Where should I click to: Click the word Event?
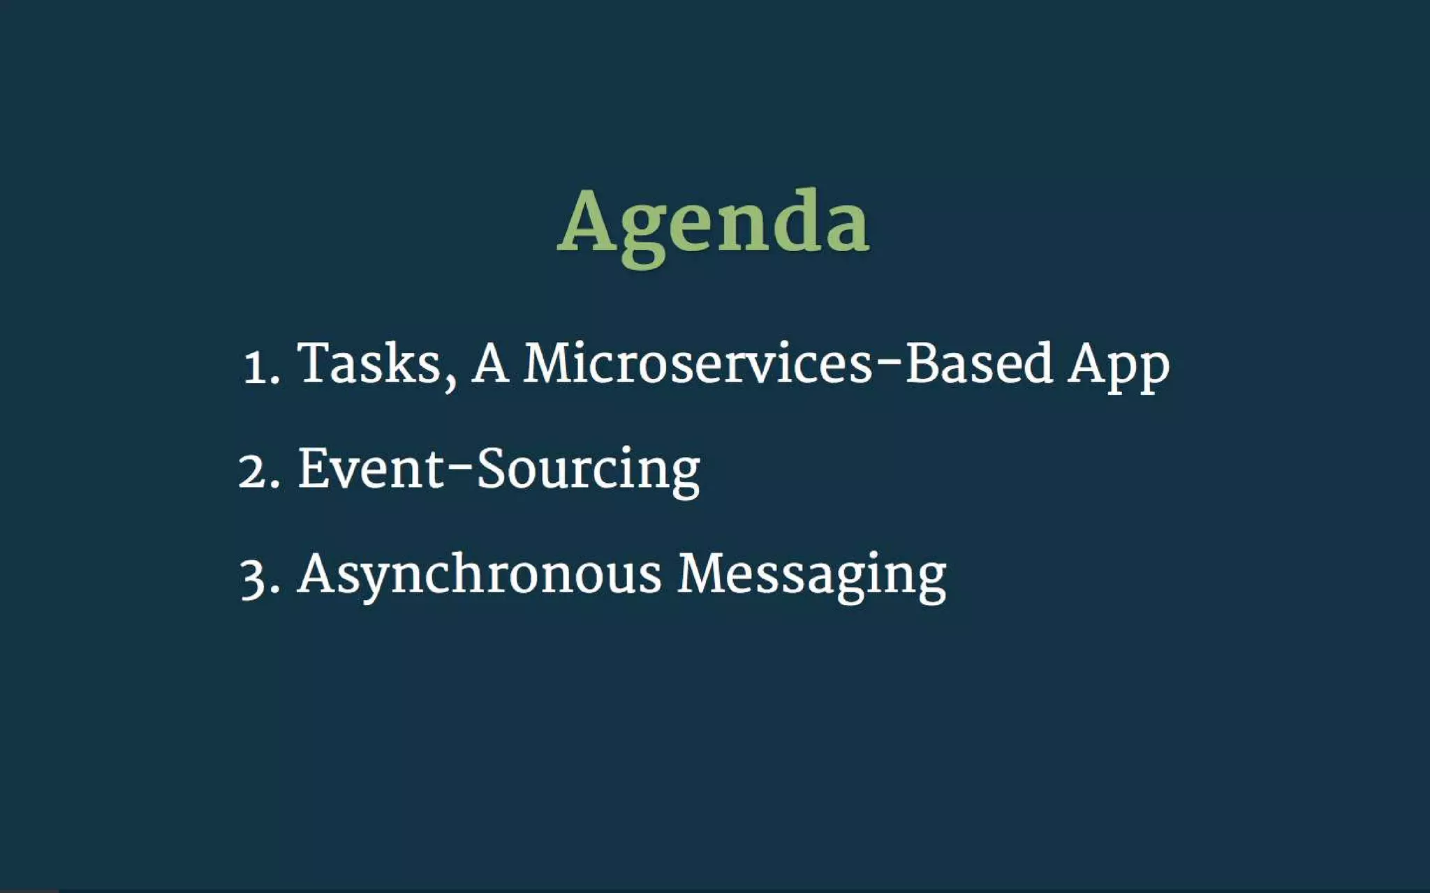[371, 468]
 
